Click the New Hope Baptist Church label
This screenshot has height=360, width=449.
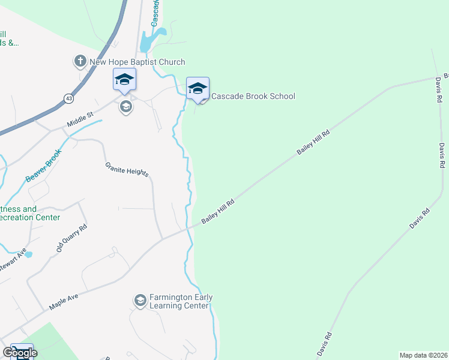[x=137, y=62]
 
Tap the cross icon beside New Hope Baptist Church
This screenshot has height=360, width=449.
[x=80, y=61]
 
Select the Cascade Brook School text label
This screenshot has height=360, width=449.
[x=253, y=96]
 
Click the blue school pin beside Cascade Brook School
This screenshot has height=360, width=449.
[x=197, y=88]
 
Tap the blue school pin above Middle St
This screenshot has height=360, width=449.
[x=124, y=80]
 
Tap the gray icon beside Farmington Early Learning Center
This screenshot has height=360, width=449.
[x=140, y=301]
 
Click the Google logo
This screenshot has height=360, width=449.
[x=19, y=353]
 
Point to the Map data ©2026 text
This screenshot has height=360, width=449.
[x=423, y=355]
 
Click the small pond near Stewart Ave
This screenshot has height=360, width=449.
[x=28, y=254]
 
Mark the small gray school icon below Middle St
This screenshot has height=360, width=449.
[x=125, y=107]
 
